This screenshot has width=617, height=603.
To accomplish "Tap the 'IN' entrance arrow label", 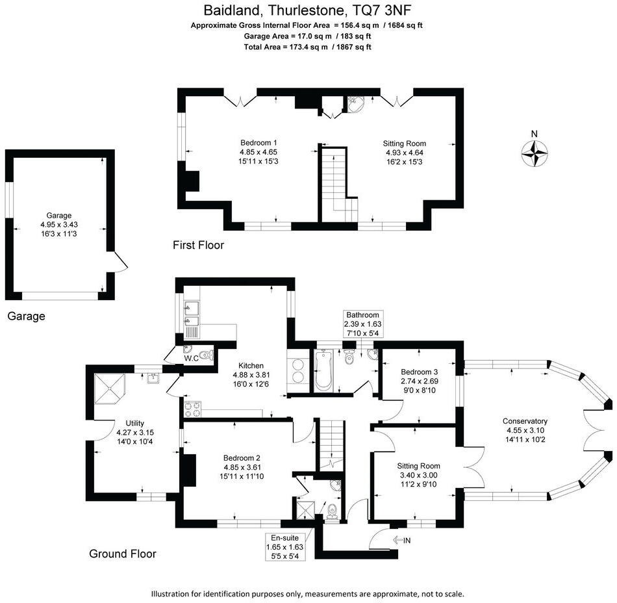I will point(402,540).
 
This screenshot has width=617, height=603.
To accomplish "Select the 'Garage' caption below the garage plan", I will point(27,316).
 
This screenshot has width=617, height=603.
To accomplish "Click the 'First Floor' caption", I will point(198,245).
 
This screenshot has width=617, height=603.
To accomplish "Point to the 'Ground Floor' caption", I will point(123,554).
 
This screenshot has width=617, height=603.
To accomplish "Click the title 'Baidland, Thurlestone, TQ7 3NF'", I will point(308,10).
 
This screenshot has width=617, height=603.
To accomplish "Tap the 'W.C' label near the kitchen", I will point(190,358).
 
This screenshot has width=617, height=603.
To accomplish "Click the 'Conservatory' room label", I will point(527,420).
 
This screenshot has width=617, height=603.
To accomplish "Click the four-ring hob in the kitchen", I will point(194,409).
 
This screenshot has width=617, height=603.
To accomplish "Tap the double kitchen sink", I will point(192,314).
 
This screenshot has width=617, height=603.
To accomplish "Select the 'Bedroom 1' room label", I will point(258,151).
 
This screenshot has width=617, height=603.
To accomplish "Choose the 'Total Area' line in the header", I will point(308,47).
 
